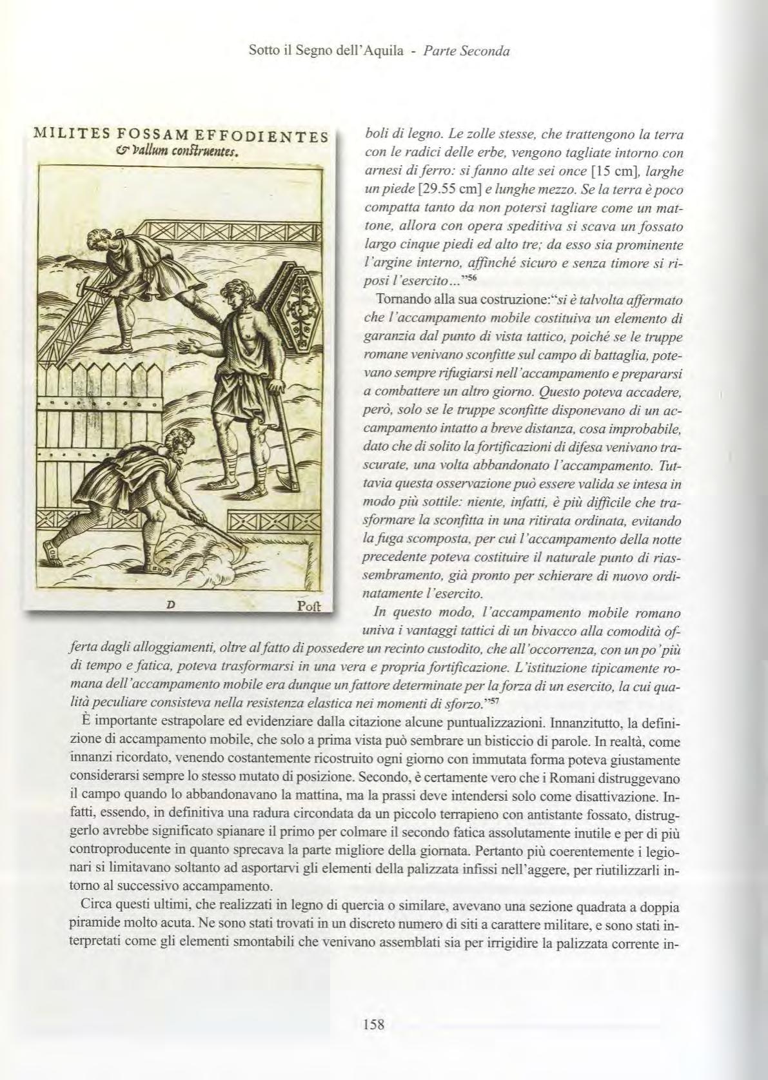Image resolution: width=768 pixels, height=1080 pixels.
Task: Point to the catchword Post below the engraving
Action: [x=312, y=607]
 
